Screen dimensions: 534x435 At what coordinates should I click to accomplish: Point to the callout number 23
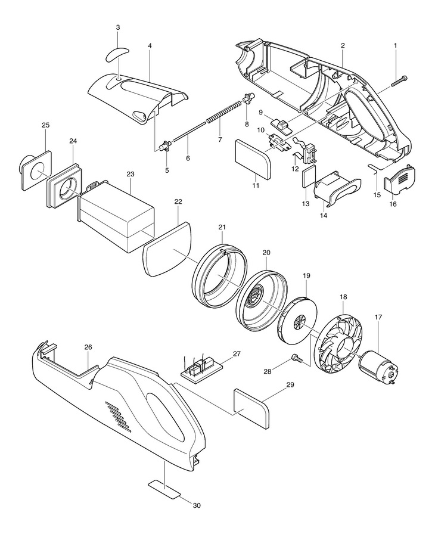(130, 174)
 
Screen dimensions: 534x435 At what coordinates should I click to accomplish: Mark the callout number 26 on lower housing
(88, 347)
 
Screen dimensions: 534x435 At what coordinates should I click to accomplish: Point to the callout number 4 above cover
(150, 45)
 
